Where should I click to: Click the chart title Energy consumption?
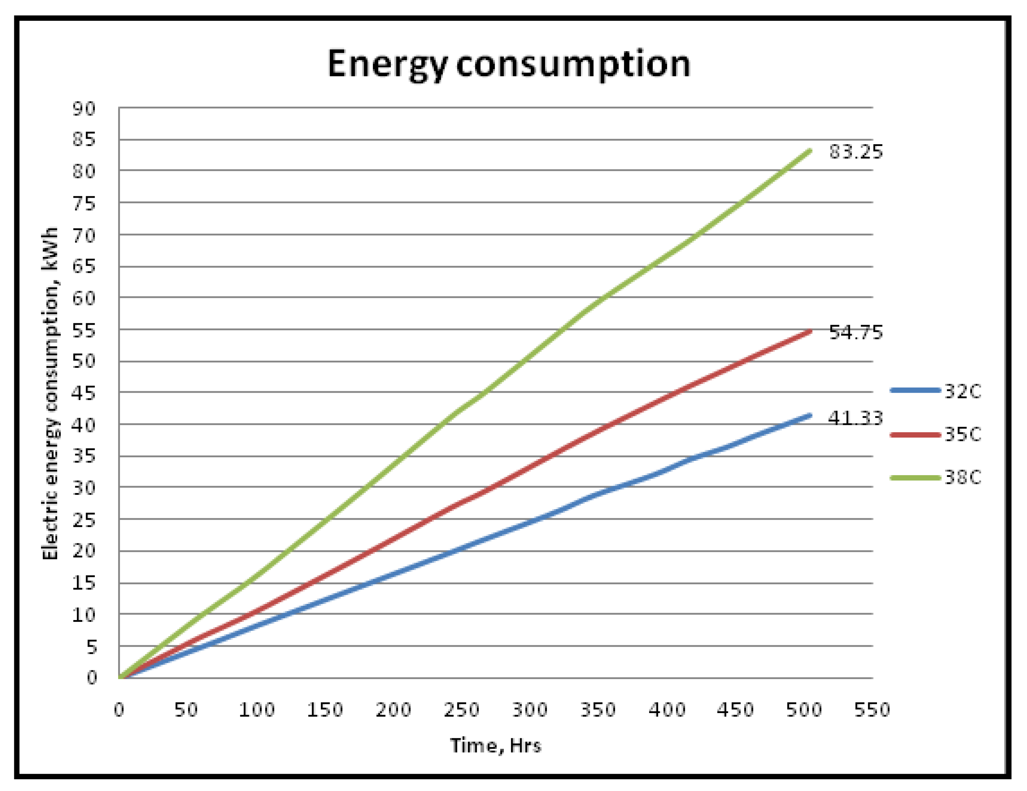point(509,64)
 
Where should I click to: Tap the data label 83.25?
point(856,152)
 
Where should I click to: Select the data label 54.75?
point(856,332)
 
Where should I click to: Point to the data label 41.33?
point(855,418)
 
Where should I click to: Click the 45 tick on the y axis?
point(84,393)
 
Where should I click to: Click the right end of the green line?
point(810,150)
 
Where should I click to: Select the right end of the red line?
point(810,331)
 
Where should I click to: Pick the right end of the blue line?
point(810,415)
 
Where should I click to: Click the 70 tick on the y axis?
point(84,235)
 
